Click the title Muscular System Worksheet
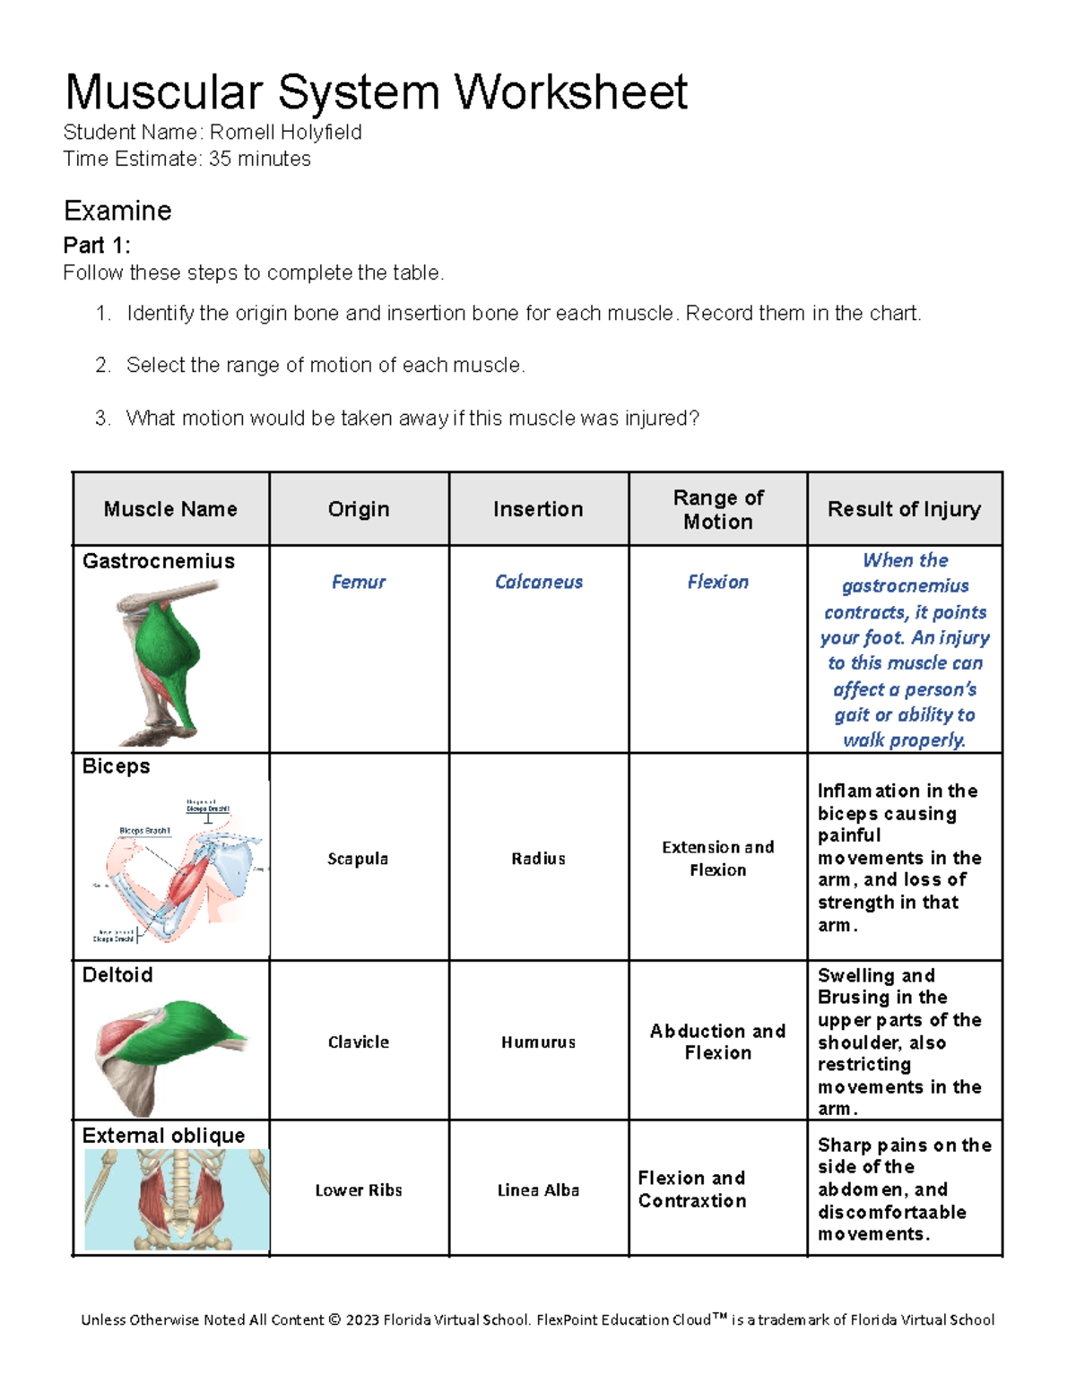(376, 92)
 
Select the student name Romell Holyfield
(285, 133)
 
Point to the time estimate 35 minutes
(259, 160)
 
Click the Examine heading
(117, 211)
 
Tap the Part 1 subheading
(97, 245)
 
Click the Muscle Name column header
(170, 509)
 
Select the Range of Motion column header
(717, 509)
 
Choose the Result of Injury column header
(904, 509)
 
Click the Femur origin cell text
(358, 582)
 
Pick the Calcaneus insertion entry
(538, 582)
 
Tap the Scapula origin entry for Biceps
(358, 859)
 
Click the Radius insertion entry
(538, 859)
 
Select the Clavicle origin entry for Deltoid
(358, 1042)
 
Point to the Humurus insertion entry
(538, 1042)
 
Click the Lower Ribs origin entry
(358, 1190)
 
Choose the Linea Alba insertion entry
(538, 1190)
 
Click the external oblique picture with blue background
(177, 1199)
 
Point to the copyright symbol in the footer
(334, 1319)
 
